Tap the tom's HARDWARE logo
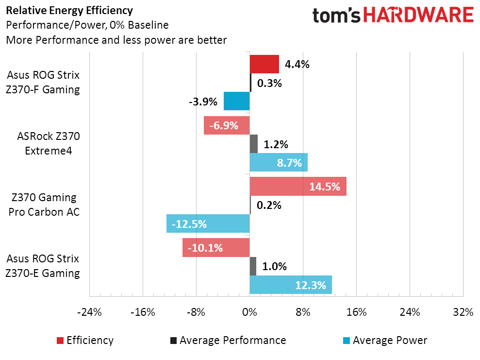(393, 16)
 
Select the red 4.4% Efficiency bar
(264, 64)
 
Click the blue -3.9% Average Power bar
(236, 101)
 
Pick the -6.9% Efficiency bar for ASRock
(227, 125)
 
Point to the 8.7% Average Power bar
(279, 162)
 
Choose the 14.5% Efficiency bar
(298, 187)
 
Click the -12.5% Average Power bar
(208, 223)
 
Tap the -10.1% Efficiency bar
(216, 248)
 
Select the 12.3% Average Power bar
(291, 285)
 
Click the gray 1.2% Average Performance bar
(253, 144)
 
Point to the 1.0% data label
(274, 266)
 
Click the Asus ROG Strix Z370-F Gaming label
(43, 83)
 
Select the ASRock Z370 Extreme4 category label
(48, 144)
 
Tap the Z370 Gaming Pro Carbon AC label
(44, 205)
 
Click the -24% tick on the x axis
(89, 312)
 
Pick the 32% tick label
(463, 312)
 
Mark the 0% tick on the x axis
(249, 312)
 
